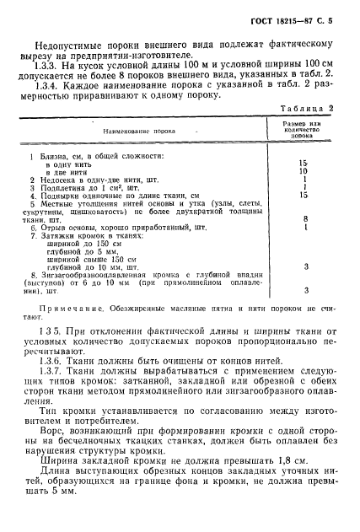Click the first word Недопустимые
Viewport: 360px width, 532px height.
click(x=76, y=43)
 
